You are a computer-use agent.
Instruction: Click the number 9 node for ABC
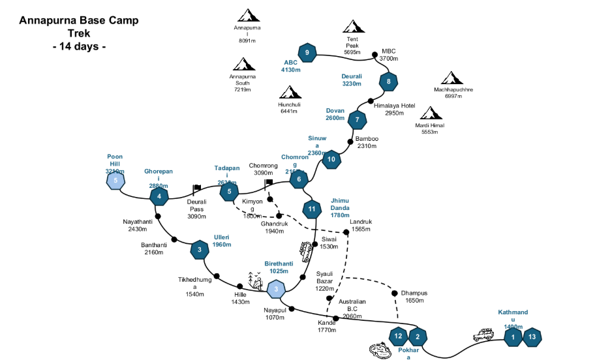[x=307, y=52]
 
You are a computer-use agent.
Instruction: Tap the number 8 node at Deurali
[x=389, y=82]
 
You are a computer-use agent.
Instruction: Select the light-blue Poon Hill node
[x=115, y=179]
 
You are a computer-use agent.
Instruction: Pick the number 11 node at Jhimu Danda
[x=313, y=209]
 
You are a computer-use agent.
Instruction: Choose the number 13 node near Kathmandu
[x=533, y=337]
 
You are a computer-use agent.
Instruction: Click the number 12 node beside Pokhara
[x=399, y=337]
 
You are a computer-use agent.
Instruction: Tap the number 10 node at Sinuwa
[x=331, y=159]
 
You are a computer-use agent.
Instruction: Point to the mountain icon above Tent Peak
[x=353, y=27]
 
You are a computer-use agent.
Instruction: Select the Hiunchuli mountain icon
[x=289, y=93]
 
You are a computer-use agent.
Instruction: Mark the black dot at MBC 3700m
[x=374, y=55]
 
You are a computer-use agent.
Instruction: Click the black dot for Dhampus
[x=395, y=293]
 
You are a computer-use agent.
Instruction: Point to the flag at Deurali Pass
[x=196, y=189]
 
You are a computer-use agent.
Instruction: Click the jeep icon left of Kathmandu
[x=483, y=335]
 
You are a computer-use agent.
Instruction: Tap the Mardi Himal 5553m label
[x=429, y=128]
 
